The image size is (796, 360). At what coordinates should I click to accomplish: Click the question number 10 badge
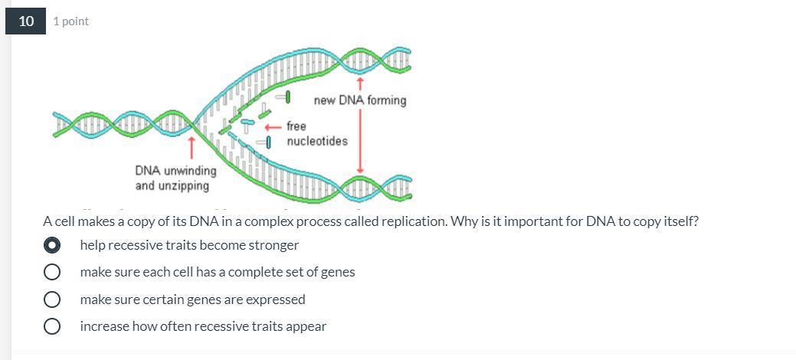tap(25, 21)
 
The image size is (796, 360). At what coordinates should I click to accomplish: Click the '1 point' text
tap(70, 21)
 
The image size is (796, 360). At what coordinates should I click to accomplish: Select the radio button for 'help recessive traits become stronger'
tap(52, 245)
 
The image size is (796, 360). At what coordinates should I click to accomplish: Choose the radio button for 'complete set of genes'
tap(52, 272)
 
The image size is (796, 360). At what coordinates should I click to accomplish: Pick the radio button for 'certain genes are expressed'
tap(52, 299)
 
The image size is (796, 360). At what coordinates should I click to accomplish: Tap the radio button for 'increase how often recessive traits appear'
tap(52, 326)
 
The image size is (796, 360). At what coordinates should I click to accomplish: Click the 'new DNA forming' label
tap(360, 100)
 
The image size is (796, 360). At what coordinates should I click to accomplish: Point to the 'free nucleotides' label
tap(316, 133)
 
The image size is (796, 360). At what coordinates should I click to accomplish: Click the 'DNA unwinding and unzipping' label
tap(175, 178)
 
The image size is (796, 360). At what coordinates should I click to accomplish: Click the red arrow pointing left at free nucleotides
tap(274, 127)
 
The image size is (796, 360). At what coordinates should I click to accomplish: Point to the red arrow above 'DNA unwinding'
tap(192, 147)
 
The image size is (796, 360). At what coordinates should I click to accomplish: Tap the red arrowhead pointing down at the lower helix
tap(360, 169)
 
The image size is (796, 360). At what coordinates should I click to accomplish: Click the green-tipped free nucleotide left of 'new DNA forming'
tap(283, 97)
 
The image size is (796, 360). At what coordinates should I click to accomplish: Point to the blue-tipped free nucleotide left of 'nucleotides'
tap(264, 142)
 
